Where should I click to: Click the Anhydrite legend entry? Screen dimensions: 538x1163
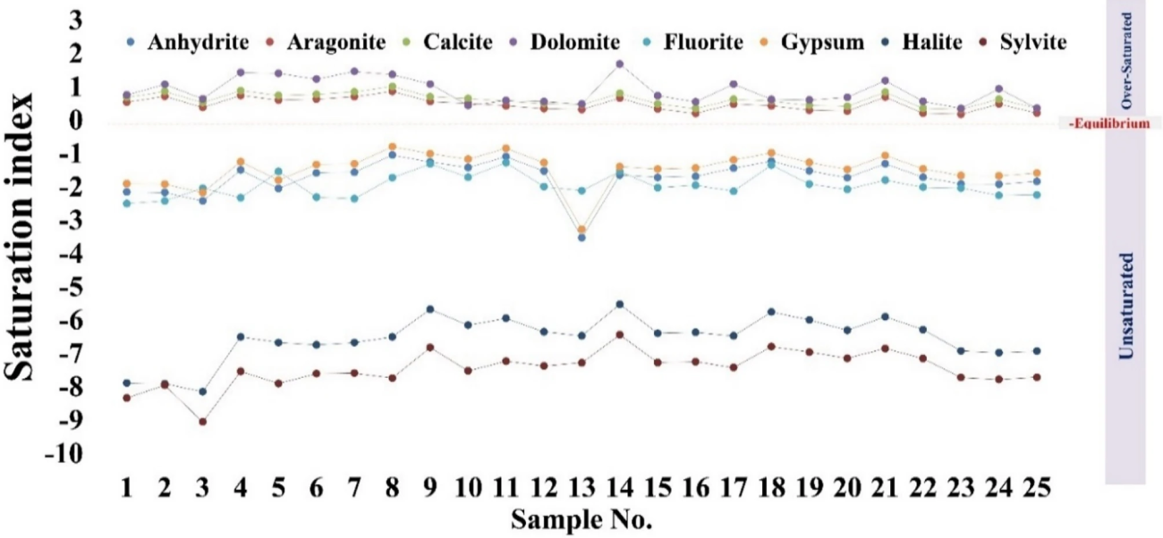coord(188,42)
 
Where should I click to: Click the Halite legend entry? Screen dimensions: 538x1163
coord(927,42)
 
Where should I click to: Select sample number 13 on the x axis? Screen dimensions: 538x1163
coord(581,490)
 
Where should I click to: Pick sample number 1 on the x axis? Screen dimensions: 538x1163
coord(127,490)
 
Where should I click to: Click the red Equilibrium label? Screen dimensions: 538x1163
coord(1109,124)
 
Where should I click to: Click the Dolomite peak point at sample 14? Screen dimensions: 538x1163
coord(619,64)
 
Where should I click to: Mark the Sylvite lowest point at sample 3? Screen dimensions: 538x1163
coord(202,421)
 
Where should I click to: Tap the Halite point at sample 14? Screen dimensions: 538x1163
coord(619,304)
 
